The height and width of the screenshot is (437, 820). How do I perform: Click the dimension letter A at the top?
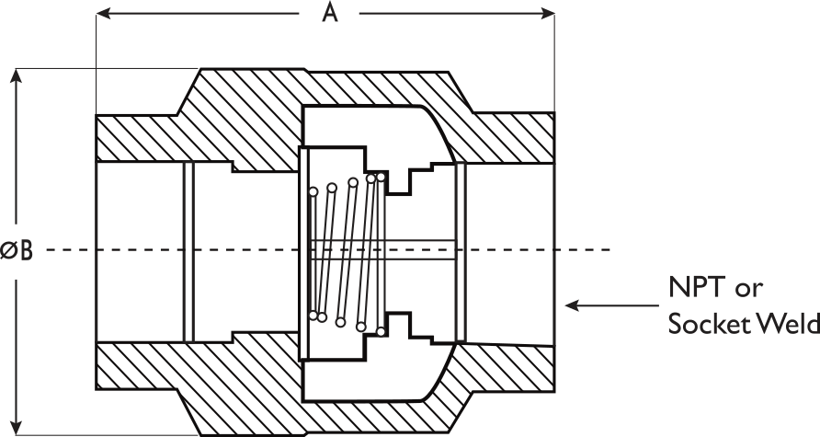coord(329,13)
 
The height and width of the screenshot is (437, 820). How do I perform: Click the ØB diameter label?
coord(17,250)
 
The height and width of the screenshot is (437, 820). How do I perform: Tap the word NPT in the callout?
coord(697,287)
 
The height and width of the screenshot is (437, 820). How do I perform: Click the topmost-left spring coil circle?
coord(313,191)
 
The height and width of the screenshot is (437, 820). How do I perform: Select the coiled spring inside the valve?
coord(347,254)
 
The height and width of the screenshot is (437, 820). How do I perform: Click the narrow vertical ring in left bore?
coord(188,252)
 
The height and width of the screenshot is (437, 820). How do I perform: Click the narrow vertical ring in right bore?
coord(461,252)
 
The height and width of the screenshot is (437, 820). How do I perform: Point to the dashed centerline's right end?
coord(610,250)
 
